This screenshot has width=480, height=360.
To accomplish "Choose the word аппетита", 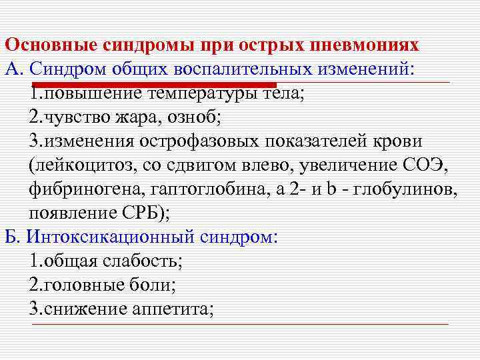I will (x=173, y=309).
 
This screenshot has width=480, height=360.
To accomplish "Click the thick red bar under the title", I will (x=153, y=85).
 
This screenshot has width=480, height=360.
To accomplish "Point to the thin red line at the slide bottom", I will (x=240, y=324).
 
